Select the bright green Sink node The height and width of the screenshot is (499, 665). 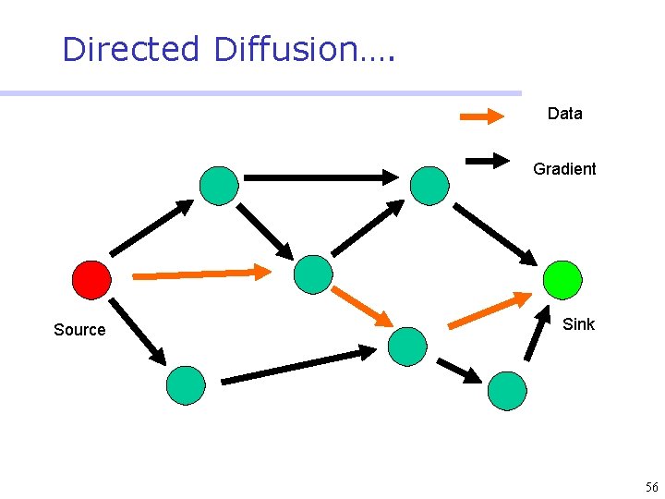[x=562, y=279]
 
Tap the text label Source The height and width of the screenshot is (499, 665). [x=79, y=330]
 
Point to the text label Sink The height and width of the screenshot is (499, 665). [x=578, y=324]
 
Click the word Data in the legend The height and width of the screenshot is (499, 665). [x=564, y=114]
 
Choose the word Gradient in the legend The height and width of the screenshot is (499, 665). [x=564, y=169]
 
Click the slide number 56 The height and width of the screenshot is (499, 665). [x=651, y=487]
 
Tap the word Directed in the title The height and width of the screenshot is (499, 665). [x=130, y=49]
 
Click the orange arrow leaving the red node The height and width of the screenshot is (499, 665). [x=202, y=274]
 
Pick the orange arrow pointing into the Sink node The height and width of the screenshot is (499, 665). [x=490, y=310]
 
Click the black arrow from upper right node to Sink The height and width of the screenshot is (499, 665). [x=495, y=234]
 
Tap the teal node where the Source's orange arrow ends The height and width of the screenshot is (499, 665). [x=312, y=274]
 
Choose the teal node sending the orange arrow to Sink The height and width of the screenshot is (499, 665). [x=407, y=346]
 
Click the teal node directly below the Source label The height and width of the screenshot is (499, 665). [x=186, y=385]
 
